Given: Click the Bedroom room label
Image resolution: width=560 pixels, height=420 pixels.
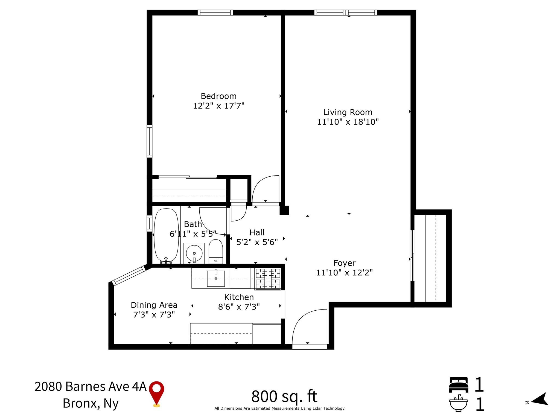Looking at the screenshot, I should click(x=218, y=96).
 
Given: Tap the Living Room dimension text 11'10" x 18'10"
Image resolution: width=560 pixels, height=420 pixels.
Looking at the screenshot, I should click(x=348, y=122).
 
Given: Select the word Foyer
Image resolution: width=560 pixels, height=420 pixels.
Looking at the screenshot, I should click(x=344, y=263).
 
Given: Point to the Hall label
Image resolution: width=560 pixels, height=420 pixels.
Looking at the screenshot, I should click(x=257, y=232).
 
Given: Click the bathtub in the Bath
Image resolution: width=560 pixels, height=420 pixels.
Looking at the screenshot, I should click(x=166, y=235).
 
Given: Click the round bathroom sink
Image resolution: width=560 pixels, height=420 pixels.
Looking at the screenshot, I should click(x=194, y=253).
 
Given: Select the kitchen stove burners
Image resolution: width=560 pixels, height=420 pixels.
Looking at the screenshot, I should click(x=268, y=279).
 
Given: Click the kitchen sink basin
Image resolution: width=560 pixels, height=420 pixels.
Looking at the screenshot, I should click(x=216, y=278).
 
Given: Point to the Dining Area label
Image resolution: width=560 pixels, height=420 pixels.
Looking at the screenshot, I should click(x=154, y=305).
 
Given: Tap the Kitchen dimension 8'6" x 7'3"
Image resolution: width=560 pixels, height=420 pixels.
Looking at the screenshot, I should click(x=239, y=307).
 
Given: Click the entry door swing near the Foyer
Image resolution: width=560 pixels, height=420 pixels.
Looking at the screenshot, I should click(x=309, y=327).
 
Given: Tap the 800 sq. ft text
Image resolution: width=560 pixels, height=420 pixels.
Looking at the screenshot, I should click(x=284, y=396).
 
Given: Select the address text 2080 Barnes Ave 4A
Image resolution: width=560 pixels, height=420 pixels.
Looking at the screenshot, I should click(x=91, y=386).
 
